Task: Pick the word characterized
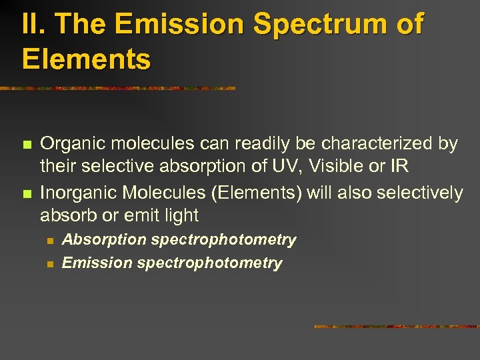(x=367, y=143)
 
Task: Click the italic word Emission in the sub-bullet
(x=97, y=263)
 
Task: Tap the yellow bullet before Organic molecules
(x=26, y=144)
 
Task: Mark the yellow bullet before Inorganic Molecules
(x=26, y=194)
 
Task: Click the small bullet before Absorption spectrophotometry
(x=49, y=240)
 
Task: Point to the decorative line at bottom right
(x=396, y=327)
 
